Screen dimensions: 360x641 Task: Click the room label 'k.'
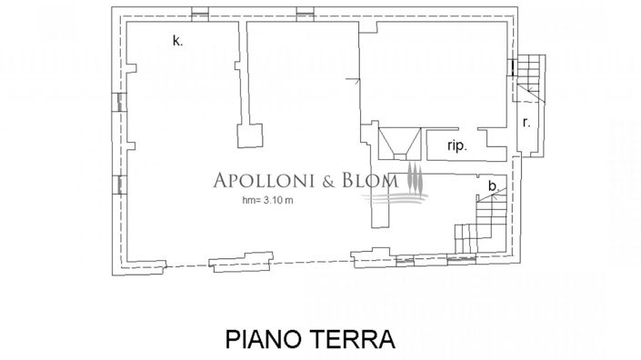point(177,40)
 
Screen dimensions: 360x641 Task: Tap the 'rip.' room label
point(456,146)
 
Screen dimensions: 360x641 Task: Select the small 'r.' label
point(526,122)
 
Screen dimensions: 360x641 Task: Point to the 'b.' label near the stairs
point(493,186)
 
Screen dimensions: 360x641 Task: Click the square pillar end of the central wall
point(252,136)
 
